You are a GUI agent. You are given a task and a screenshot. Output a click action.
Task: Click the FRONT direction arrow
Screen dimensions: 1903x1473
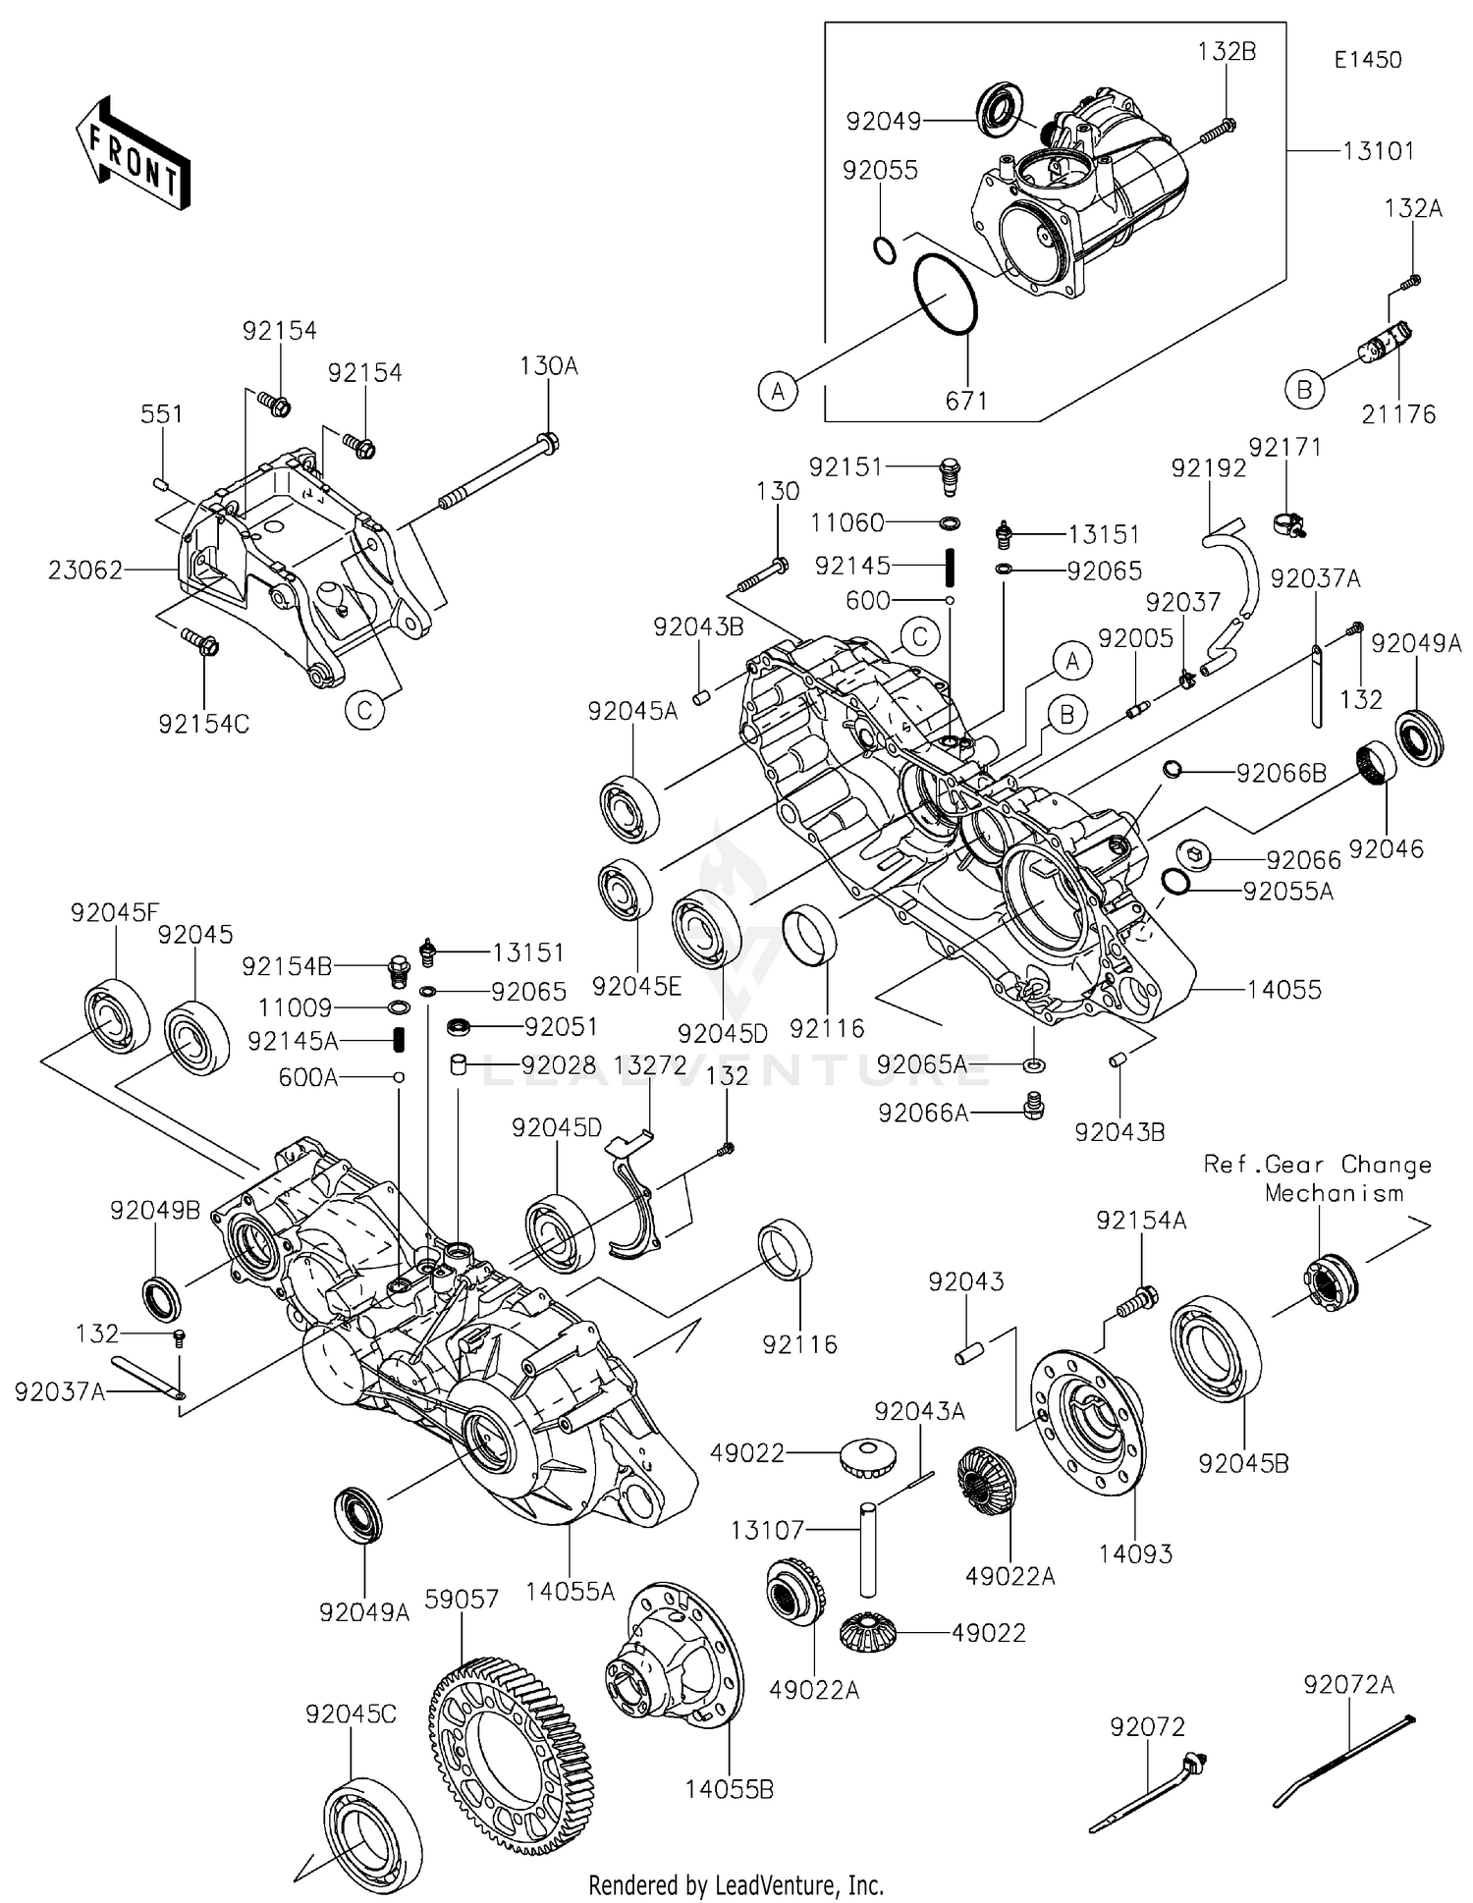[133, 153]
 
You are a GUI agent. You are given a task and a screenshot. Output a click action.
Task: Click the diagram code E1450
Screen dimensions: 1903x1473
[1367, 60]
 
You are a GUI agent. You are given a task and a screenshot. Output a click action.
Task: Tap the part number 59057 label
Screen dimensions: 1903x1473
[462, 1599]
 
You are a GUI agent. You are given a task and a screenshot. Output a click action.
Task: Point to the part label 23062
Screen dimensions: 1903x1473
[85, 570]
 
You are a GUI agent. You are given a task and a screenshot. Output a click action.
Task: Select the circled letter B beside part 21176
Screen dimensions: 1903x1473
[1303, 390]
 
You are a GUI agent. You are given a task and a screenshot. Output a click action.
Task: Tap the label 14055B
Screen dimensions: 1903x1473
[729, 1789]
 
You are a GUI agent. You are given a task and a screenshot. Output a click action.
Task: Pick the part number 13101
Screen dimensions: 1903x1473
[1379, 151]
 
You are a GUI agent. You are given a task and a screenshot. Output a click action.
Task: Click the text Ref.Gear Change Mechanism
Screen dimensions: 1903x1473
[1318, 1178]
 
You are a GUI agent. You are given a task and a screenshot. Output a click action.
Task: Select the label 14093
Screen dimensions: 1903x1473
[1135, 1553]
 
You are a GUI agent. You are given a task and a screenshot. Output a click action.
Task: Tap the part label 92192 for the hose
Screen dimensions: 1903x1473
[1208, 468]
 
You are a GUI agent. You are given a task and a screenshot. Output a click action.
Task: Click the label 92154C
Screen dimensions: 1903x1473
[204, 724]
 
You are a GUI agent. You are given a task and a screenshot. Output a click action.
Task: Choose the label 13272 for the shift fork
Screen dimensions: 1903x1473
[649, 1064]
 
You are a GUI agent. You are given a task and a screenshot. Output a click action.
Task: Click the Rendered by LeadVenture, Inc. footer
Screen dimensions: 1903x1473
[736, 1884]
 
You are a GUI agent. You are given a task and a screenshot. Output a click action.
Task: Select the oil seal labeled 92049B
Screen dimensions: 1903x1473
[162, 1298]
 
